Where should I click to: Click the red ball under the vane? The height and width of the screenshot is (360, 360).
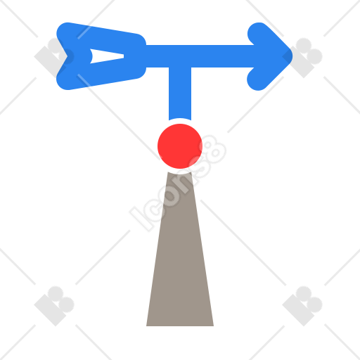tap(180, 146)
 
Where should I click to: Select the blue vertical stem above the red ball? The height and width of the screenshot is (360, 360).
tap(180, 94)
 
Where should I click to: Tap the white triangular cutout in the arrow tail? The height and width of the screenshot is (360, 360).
tap(106, 56)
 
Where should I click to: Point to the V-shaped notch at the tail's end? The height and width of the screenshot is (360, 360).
tap(68, 56)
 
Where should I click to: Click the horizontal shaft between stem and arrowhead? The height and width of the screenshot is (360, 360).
tap(223, 56)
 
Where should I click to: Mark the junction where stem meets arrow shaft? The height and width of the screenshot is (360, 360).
tap(180, 56)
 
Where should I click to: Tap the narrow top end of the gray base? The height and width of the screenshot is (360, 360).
tap(180, 174)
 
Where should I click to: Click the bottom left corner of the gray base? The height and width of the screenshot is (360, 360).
tap(146, 326)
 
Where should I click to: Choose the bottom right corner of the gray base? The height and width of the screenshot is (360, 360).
tap(213, 326)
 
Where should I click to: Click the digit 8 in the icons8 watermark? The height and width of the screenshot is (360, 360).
tap(214, 149)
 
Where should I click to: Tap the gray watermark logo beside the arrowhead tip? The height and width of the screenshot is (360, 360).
tap(302, 58)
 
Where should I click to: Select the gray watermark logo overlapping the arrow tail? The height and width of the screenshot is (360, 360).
tap(54, 58)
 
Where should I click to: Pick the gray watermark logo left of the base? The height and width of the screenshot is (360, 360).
tap(54, 306)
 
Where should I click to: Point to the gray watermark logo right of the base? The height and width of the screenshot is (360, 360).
tap(302, 306)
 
